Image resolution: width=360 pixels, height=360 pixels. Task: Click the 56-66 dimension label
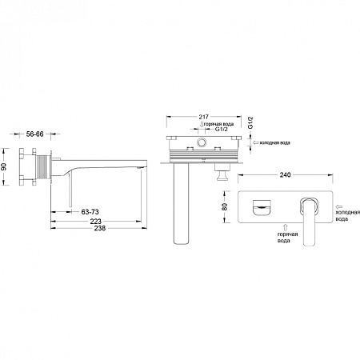[x=34, y=134]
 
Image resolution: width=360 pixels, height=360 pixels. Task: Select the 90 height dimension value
[x=3, y=167]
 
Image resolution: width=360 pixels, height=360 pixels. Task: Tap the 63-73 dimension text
[x=90, y=212]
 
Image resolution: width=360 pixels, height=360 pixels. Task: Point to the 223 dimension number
[x=96, y=221]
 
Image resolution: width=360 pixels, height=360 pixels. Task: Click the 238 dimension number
[x=100, y=228]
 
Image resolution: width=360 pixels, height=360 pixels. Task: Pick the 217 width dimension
[x=204, y=117]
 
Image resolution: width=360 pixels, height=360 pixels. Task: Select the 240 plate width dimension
[x=285, y=174]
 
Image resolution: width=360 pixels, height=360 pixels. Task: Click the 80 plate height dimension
[x=225, y=206]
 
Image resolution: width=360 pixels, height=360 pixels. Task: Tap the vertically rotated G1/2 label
[x=250, y=122]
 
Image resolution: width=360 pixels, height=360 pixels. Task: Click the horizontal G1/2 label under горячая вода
[x=222, y=129]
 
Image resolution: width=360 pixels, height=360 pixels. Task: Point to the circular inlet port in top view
[x=202, y=142]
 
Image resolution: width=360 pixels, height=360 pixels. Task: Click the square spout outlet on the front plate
[x=262, y=207]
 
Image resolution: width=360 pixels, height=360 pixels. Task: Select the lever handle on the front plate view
[x=309, y=221]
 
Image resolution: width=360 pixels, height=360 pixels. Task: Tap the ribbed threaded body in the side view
[x=43, y=166]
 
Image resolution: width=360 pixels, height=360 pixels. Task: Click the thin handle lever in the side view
[x=70, y=190]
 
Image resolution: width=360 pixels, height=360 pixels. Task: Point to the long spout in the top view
[x=181, y=203]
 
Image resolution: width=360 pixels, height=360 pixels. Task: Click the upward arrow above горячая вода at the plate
[x=286, y=227]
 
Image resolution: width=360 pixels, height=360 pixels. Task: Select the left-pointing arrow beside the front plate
[x=339, y=206]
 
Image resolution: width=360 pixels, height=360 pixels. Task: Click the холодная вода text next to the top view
[x=275, y=142]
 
